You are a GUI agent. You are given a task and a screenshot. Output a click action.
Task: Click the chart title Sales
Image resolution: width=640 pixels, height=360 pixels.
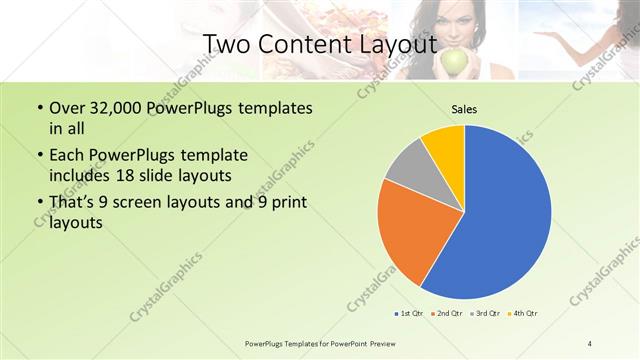(x=464, y=109)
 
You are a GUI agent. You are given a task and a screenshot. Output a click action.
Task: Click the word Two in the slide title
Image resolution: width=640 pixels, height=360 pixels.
(x=226, y=44)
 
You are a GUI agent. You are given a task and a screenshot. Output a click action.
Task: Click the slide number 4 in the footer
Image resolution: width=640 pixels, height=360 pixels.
(x=590, y=344)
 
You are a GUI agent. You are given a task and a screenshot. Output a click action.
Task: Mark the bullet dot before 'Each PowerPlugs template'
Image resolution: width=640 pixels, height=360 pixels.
(x=39, y=156)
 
